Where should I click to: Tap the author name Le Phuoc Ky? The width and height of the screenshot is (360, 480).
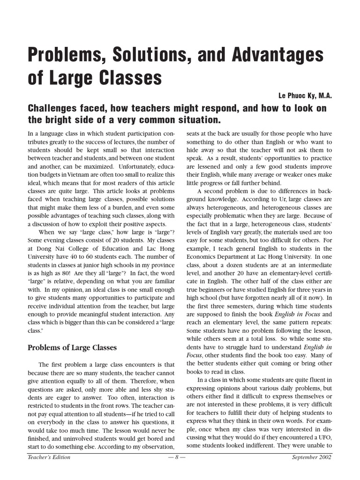(x=295, y=96)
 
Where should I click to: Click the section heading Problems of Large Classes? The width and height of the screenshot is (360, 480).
(x=72, y=347)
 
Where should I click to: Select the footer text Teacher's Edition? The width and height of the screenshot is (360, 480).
(x=49, y=457)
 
